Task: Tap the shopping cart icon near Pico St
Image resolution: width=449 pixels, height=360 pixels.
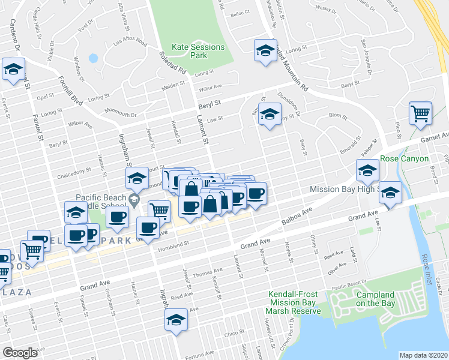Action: pyautogui.click(x=420, y=113)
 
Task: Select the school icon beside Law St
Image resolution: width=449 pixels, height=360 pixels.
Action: pyautogui.click(x=270, y=115)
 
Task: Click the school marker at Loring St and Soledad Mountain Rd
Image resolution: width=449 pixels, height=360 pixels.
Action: pyautogui.click(x=264, y=50)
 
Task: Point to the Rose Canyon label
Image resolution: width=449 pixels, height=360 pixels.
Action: pyautogui.click(x=404, y=159)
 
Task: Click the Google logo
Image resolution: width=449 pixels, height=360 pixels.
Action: pyautogui.click(x=20, y=353)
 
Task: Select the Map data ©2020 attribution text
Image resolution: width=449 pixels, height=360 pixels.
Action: pyautogui.click(x=423, y=355)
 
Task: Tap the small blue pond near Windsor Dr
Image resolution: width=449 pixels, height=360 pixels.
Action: pyautogui.click(x=92, y=59)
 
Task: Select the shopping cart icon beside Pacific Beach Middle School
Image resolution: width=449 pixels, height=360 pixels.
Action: pyautogui.click(x=159, y=211)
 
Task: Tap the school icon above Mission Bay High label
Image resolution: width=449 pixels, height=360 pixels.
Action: pyautogui.click(x=367, y=170)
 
